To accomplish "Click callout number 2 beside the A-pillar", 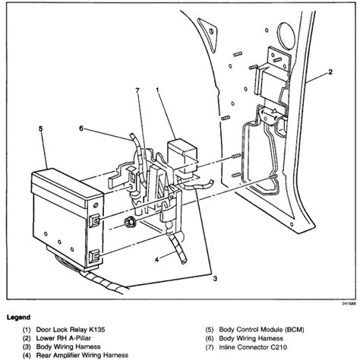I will click(x=332, y=72).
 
